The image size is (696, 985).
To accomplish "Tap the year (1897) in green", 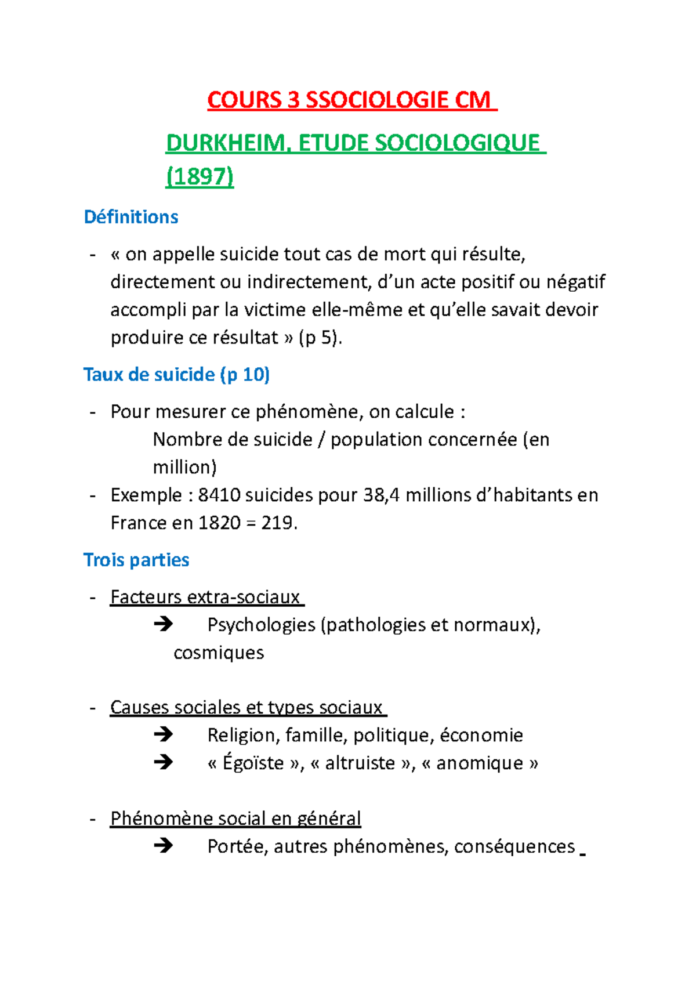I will (x=200, y=176).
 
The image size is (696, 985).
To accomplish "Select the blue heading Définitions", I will (x=131, y=217).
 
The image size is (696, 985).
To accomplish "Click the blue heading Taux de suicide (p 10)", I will (x=176, y=375).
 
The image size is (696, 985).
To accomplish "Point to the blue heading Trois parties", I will (x=136, y=560).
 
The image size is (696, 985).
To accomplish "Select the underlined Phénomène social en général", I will (x=235, y=819).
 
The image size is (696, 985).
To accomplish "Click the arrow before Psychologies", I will (x=164, y=624).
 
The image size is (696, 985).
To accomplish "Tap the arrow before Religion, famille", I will (x=164, y=734).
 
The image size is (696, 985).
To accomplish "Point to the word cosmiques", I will (x=219, y=653).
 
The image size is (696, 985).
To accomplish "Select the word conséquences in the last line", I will (x=514, y=846).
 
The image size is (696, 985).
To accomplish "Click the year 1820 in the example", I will (x=219, y=523).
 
